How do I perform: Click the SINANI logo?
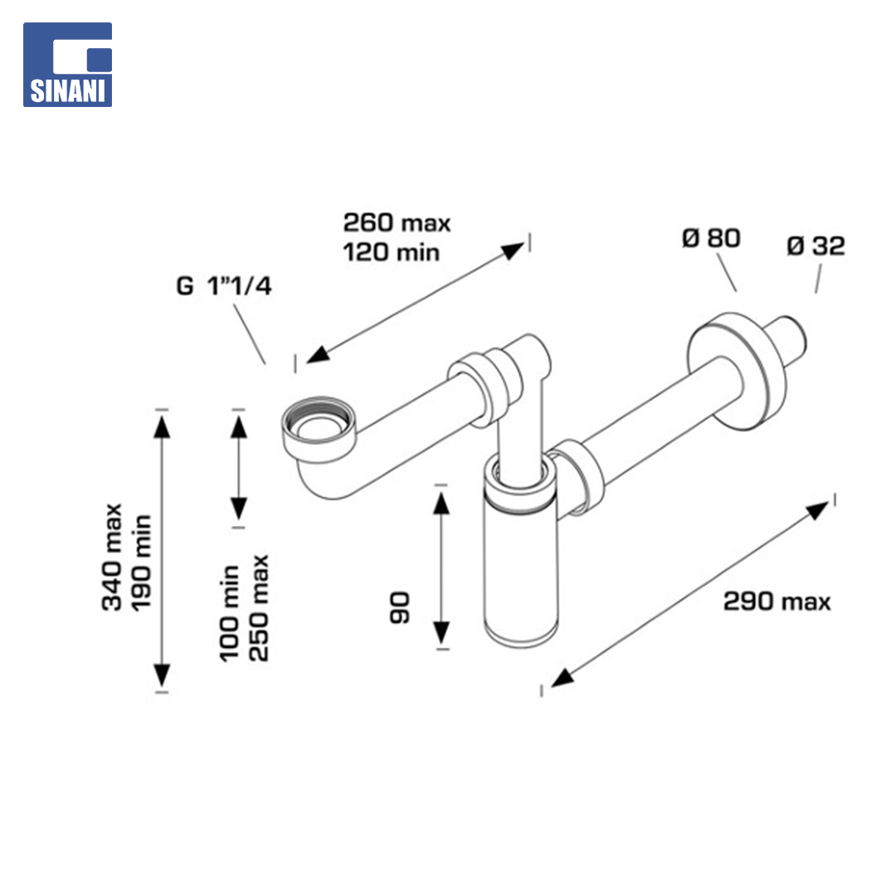67,65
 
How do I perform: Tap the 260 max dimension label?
397,222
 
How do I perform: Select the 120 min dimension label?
391,252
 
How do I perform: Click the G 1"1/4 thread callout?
224,285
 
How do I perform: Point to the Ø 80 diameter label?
711,238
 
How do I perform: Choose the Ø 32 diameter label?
816,246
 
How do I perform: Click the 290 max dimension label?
777,601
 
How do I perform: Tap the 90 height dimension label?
400,607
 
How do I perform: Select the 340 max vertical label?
112,558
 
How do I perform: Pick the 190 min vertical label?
141,562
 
